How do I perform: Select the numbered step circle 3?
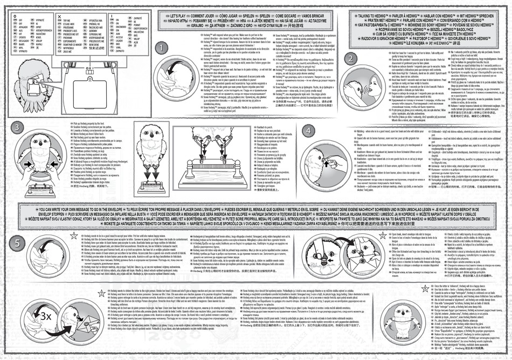[x=18, y=128]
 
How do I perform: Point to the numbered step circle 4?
[x=308, y=130]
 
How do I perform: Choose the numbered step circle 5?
[x=18, y=243]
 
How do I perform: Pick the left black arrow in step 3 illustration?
[x=23, y=163]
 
